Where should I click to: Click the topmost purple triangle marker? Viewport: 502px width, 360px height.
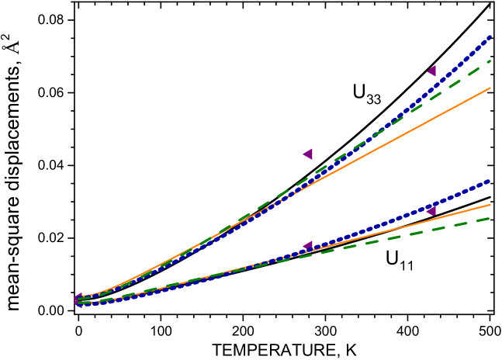pos(431,71)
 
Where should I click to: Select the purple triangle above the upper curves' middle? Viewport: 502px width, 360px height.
pos(308,154)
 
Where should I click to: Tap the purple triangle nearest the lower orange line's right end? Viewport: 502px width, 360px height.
pos(431,210)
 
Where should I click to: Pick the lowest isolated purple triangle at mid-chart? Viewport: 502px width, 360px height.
pos(308,246)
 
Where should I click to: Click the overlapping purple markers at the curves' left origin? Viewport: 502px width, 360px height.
pos(79,300)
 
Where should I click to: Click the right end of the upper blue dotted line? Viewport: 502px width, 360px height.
pos(489,37)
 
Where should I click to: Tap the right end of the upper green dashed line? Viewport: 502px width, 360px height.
pos(490,61)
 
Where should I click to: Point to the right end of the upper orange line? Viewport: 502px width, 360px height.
pos(490,88)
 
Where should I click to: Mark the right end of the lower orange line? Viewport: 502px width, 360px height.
pos(490,205)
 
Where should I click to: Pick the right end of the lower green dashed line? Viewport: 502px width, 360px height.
pos(490,219)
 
